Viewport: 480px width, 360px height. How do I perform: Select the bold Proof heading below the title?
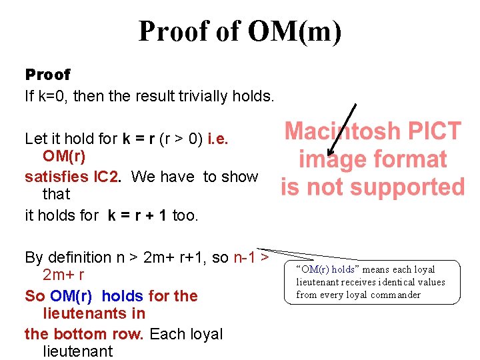coord(47,75)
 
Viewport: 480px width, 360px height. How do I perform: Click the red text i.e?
coord(218,139)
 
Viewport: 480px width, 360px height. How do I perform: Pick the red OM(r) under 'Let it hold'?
coord(65,156)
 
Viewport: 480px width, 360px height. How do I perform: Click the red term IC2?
coord(105,177)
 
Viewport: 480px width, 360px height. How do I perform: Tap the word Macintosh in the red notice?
coord(342,131)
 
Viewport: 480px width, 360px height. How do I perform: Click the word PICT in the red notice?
coord(433,131)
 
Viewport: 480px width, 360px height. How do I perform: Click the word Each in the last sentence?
coord(166,334)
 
